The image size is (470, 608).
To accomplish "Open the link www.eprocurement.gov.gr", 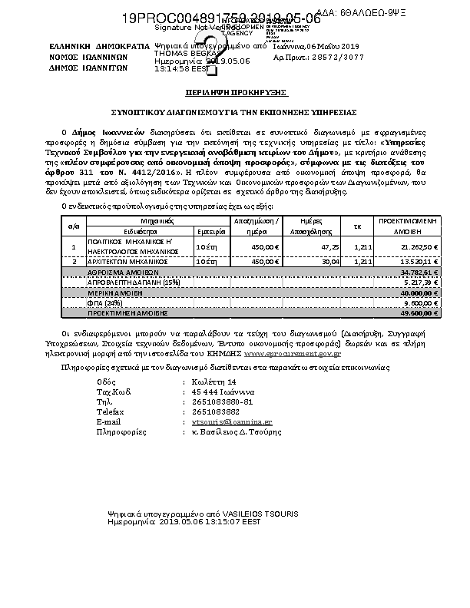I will click(292, 352).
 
